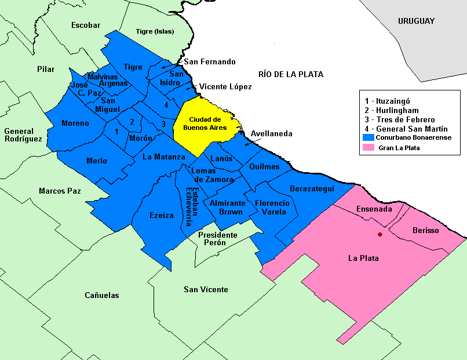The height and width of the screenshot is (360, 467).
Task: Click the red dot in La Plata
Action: tap(380, 234)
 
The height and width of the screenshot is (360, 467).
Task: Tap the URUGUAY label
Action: tap(416, 21)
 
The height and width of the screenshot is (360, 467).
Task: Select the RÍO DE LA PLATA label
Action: tap(291, 74)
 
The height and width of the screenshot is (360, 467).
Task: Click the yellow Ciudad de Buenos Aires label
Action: tap(207, 123)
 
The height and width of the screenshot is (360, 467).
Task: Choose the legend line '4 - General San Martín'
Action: tap(406, 129)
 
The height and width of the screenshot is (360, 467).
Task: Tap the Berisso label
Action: tap(426, 231)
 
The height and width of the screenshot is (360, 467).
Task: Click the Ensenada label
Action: tap(374, 209)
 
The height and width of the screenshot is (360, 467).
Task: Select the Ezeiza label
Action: tap(162, 215)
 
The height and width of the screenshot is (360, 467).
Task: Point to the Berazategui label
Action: tap(312, 189)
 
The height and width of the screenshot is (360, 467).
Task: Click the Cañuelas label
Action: tap(102, 295)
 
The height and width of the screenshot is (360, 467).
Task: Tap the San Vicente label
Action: tap(206, 289)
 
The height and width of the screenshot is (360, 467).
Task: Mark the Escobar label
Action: tap(86, 25)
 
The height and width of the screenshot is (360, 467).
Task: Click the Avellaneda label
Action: tap(271, 134)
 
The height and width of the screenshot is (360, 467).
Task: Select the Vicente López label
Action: tap(225, 86)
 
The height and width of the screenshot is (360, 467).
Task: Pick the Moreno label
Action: tap(75, 123)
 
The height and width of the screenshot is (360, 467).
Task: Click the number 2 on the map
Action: tap(132, 122)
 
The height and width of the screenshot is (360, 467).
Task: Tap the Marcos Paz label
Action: tap(60, 191)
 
